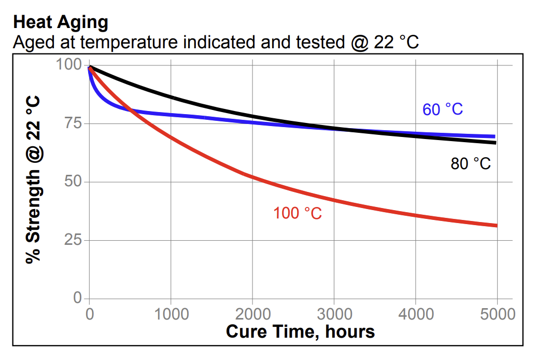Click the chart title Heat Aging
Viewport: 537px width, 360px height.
61,22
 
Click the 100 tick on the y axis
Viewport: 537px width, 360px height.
68,65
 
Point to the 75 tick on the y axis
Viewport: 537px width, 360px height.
73,123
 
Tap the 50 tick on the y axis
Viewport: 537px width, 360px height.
73,182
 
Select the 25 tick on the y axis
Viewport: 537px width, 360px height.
73,240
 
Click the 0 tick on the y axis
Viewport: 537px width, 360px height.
78,298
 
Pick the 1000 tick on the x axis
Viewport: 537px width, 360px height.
171,314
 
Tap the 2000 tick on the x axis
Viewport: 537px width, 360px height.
252,314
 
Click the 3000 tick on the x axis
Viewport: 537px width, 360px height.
334,314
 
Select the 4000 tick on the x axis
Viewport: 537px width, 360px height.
415,314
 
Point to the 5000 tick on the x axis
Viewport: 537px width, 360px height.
497,314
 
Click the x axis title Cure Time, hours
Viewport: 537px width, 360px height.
300,331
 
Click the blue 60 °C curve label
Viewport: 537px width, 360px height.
443,110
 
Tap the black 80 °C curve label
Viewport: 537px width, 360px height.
471,164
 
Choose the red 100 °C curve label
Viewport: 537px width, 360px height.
298,213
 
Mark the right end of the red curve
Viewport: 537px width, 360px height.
497,225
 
